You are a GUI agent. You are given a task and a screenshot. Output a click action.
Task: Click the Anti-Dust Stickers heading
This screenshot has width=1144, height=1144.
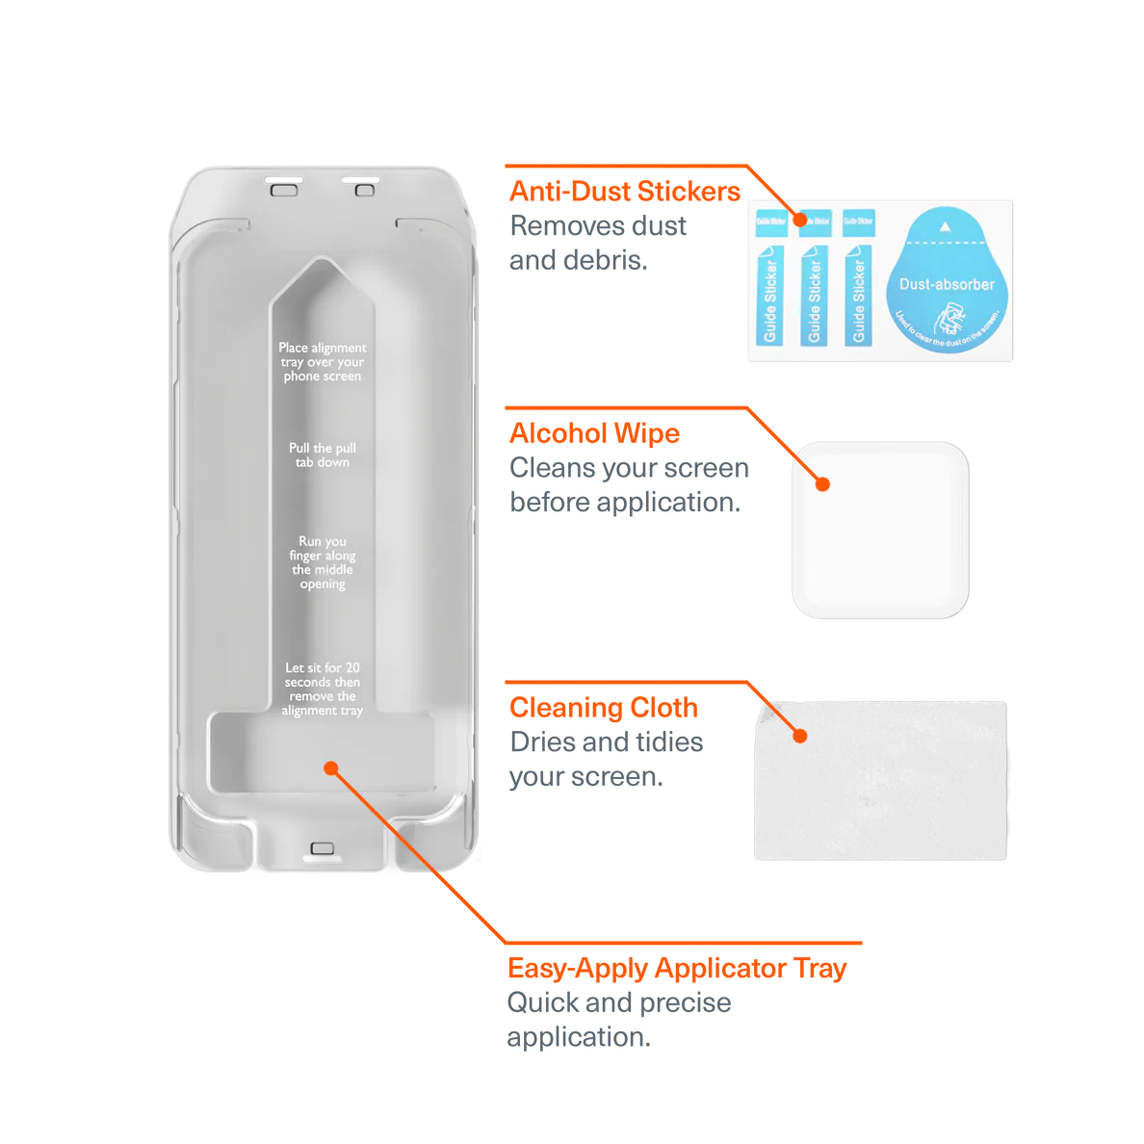625,190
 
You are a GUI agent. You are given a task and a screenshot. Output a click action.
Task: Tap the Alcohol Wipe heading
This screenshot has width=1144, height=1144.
594,433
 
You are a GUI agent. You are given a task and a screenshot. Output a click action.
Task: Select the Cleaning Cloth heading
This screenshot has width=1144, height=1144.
604,707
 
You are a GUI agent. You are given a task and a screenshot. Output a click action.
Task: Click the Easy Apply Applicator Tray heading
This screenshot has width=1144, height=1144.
677,968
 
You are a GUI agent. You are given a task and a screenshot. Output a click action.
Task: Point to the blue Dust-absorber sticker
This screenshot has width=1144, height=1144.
947,281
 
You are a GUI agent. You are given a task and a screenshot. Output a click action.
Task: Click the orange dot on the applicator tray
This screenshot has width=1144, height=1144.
331,768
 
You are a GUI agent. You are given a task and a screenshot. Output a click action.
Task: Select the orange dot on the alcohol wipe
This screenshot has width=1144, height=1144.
822,483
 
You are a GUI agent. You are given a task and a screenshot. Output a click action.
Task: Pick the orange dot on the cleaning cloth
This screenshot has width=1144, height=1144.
799,737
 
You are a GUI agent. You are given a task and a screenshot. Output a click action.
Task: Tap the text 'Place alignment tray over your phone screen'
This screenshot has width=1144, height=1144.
323,362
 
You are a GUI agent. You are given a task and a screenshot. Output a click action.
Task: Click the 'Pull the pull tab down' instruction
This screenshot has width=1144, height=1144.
323,455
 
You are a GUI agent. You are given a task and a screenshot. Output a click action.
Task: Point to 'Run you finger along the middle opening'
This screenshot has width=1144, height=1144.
323,562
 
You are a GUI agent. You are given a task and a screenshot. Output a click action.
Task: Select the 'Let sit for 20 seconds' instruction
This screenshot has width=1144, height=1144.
323,689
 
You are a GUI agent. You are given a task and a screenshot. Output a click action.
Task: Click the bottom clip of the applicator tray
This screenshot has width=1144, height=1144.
323,849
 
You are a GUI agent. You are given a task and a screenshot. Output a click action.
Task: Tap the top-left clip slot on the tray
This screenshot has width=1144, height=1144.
284,186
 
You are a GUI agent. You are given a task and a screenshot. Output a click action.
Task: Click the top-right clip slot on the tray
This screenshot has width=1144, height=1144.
363,186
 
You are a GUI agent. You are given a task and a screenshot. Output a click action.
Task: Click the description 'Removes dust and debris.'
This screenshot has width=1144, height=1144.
598,243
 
